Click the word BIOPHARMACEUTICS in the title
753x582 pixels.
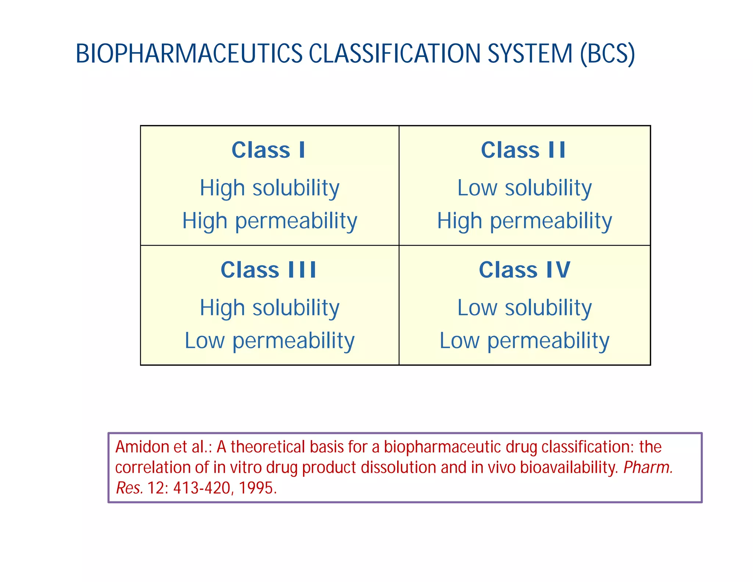pyautogui.click(x=189, y=54)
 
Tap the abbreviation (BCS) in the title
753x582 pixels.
pyautogui.click(x=607, y=54)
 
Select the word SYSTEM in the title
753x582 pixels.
pyautogui.click(x=530, y=54)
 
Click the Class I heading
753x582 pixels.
pyautogui.click(x=268, y=150)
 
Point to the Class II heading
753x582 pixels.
pyautogui.click(x=524, y=150)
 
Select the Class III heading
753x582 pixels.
pyautogui.click(x=268, y=270)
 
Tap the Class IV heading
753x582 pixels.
pyautogui.click(x=525, y=270)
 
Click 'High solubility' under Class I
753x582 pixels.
pyautogui.click(x=270, y=188)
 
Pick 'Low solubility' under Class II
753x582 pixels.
pyautogui.click(x=525, y=188)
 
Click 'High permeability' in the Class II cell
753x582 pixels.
pyautogui.click(x=525, y=221)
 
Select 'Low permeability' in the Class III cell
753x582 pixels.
pyautogui.click(x=270, y=341)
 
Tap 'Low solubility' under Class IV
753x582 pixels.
pyautogui.click(x=525, y=308)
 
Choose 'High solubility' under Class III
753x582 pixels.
pyautogui.click(x=270, y=308)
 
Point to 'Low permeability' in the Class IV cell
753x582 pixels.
pyautogui.click(x=525, y=341)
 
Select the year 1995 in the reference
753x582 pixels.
pyautogui.click(x=257, y=488)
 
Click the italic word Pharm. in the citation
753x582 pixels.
pyautogui.click(x=648, y=468)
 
